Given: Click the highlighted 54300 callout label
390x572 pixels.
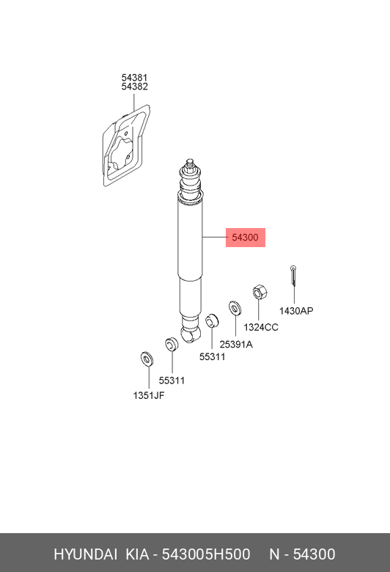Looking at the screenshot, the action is coord(245,238).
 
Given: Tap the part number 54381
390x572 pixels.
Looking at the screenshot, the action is coord(134,78).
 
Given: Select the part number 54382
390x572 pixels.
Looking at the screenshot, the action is coord(134,87).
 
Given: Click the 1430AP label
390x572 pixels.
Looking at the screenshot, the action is coord(296,311).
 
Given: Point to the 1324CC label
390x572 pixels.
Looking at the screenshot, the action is coord(261,327).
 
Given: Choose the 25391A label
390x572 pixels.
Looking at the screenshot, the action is coord(236,345).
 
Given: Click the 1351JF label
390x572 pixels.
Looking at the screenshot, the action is coord(149,395).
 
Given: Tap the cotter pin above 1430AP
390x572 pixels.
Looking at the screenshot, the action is coord(293,276).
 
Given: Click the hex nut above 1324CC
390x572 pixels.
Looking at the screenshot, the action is coord(260,292).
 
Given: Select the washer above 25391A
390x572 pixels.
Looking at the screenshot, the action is coord(235,308).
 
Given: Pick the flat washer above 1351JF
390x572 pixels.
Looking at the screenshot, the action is coord(147,359).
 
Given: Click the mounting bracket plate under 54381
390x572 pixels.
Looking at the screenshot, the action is coord(126,146).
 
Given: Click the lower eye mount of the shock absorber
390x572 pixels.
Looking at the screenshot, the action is coord(191,334).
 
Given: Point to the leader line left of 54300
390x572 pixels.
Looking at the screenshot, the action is coord(214,238).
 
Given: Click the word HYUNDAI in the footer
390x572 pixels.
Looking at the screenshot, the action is coord(85,554).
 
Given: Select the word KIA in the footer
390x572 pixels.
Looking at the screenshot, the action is coord(138,554).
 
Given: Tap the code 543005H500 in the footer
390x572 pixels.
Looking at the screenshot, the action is coord(206,554).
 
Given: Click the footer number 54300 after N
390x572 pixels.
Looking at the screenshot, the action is coord(314,554).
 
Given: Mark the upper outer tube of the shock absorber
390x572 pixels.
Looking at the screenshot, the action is coord(190,237).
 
